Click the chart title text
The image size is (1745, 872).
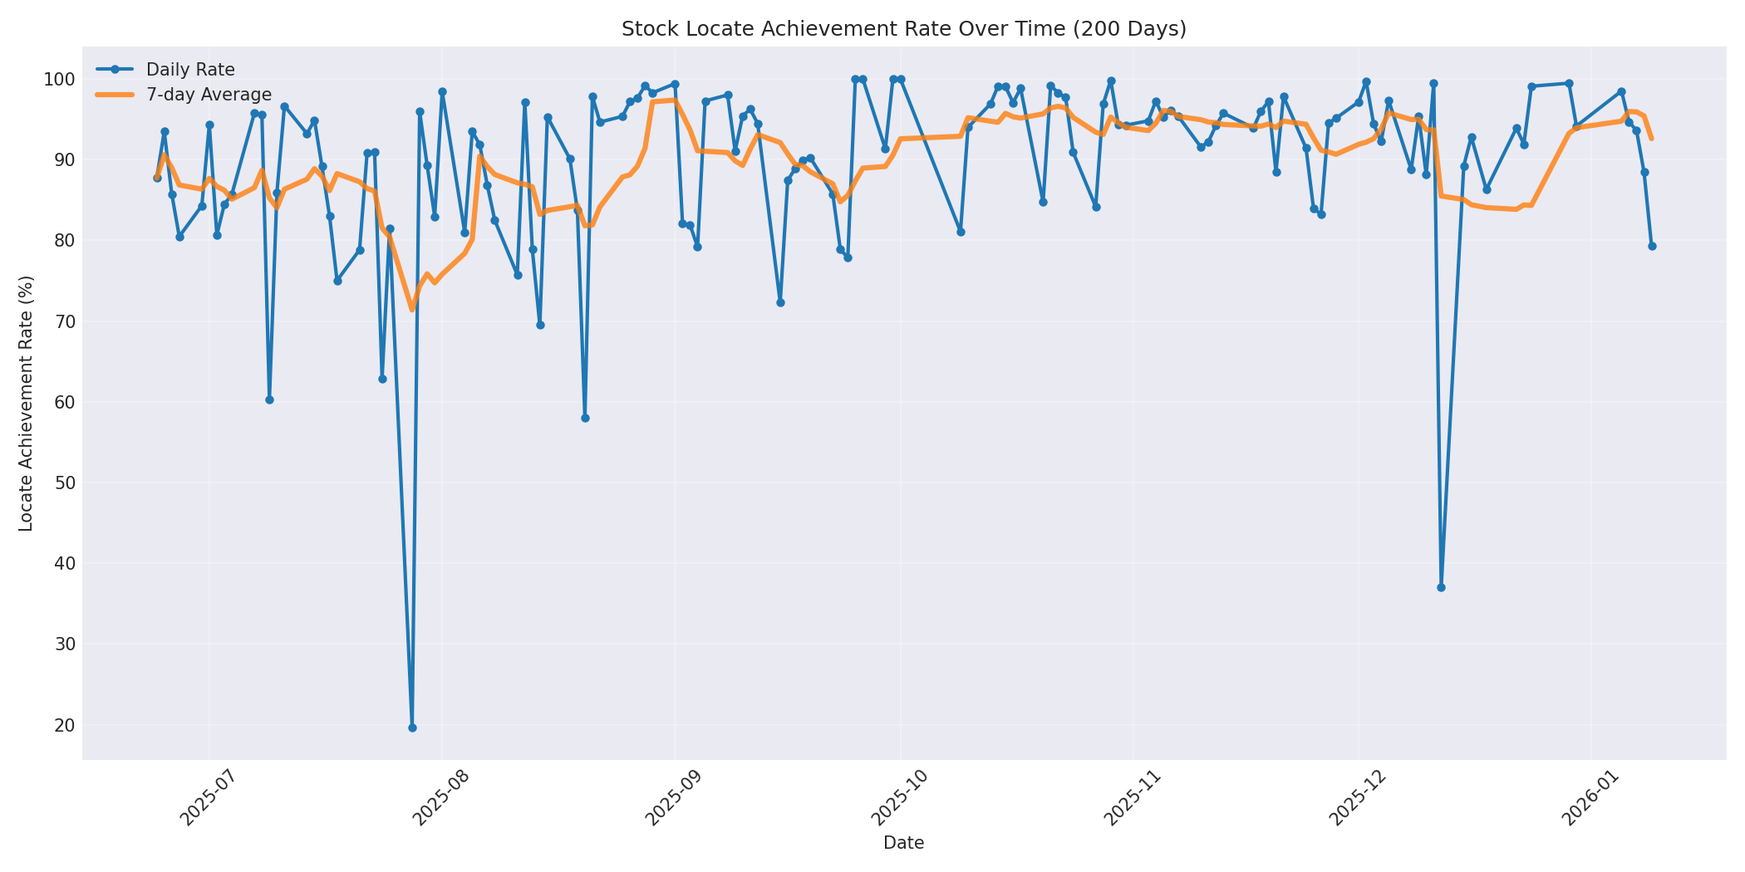[x=903, y=29]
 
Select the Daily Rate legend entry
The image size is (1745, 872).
[x=190, y=70]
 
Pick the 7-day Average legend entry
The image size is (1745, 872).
[x=209, y=95]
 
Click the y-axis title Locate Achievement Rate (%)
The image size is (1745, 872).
[x=26, y=403]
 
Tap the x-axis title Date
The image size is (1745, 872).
[x=903, y=843]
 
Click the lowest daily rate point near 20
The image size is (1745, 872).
[x=412, y=727]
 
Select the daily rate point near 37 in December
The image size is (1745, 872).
[x=1441, y=587]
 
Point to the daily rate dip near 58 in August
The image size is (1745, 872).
[x=585, y=418]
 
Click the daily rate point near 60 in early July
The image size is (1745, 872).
[x=269, y=399]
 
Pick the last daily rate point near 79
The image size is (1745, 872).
[x=1652, y=246]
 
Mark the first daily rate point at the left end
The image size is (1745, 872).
[x=157, y=178]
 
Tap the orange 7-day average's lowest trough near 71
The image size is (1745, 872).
[x=411, y=309]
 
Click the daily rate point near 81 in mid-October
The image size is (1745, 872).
[x=961, y=232]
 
